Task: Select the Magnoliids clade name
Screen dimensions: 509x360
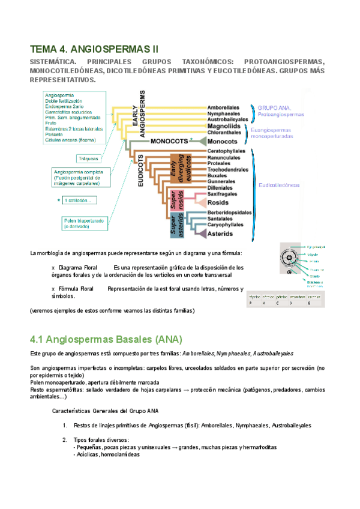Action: click(x=225, y=126)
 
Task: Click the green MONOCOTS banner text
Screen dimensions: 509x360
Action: click(x=166, y=140)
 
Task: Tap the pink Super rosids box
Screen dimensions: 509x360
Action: click(x=176, y=199)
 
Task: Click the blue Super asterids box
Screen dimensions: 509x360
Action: click(x=175, y=222)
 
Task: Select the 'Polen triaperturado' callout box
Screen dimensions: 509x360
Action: click(x=84, y=223)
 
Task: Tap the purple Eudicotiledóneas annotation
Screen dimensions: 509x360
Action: click(x=279, y=185)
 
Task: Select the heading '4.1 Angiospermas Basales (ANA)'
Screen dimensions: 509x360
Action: click(x=106, y=339)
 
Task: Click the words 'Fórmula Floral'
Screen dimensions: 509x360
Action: click(x=76, y=289)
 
